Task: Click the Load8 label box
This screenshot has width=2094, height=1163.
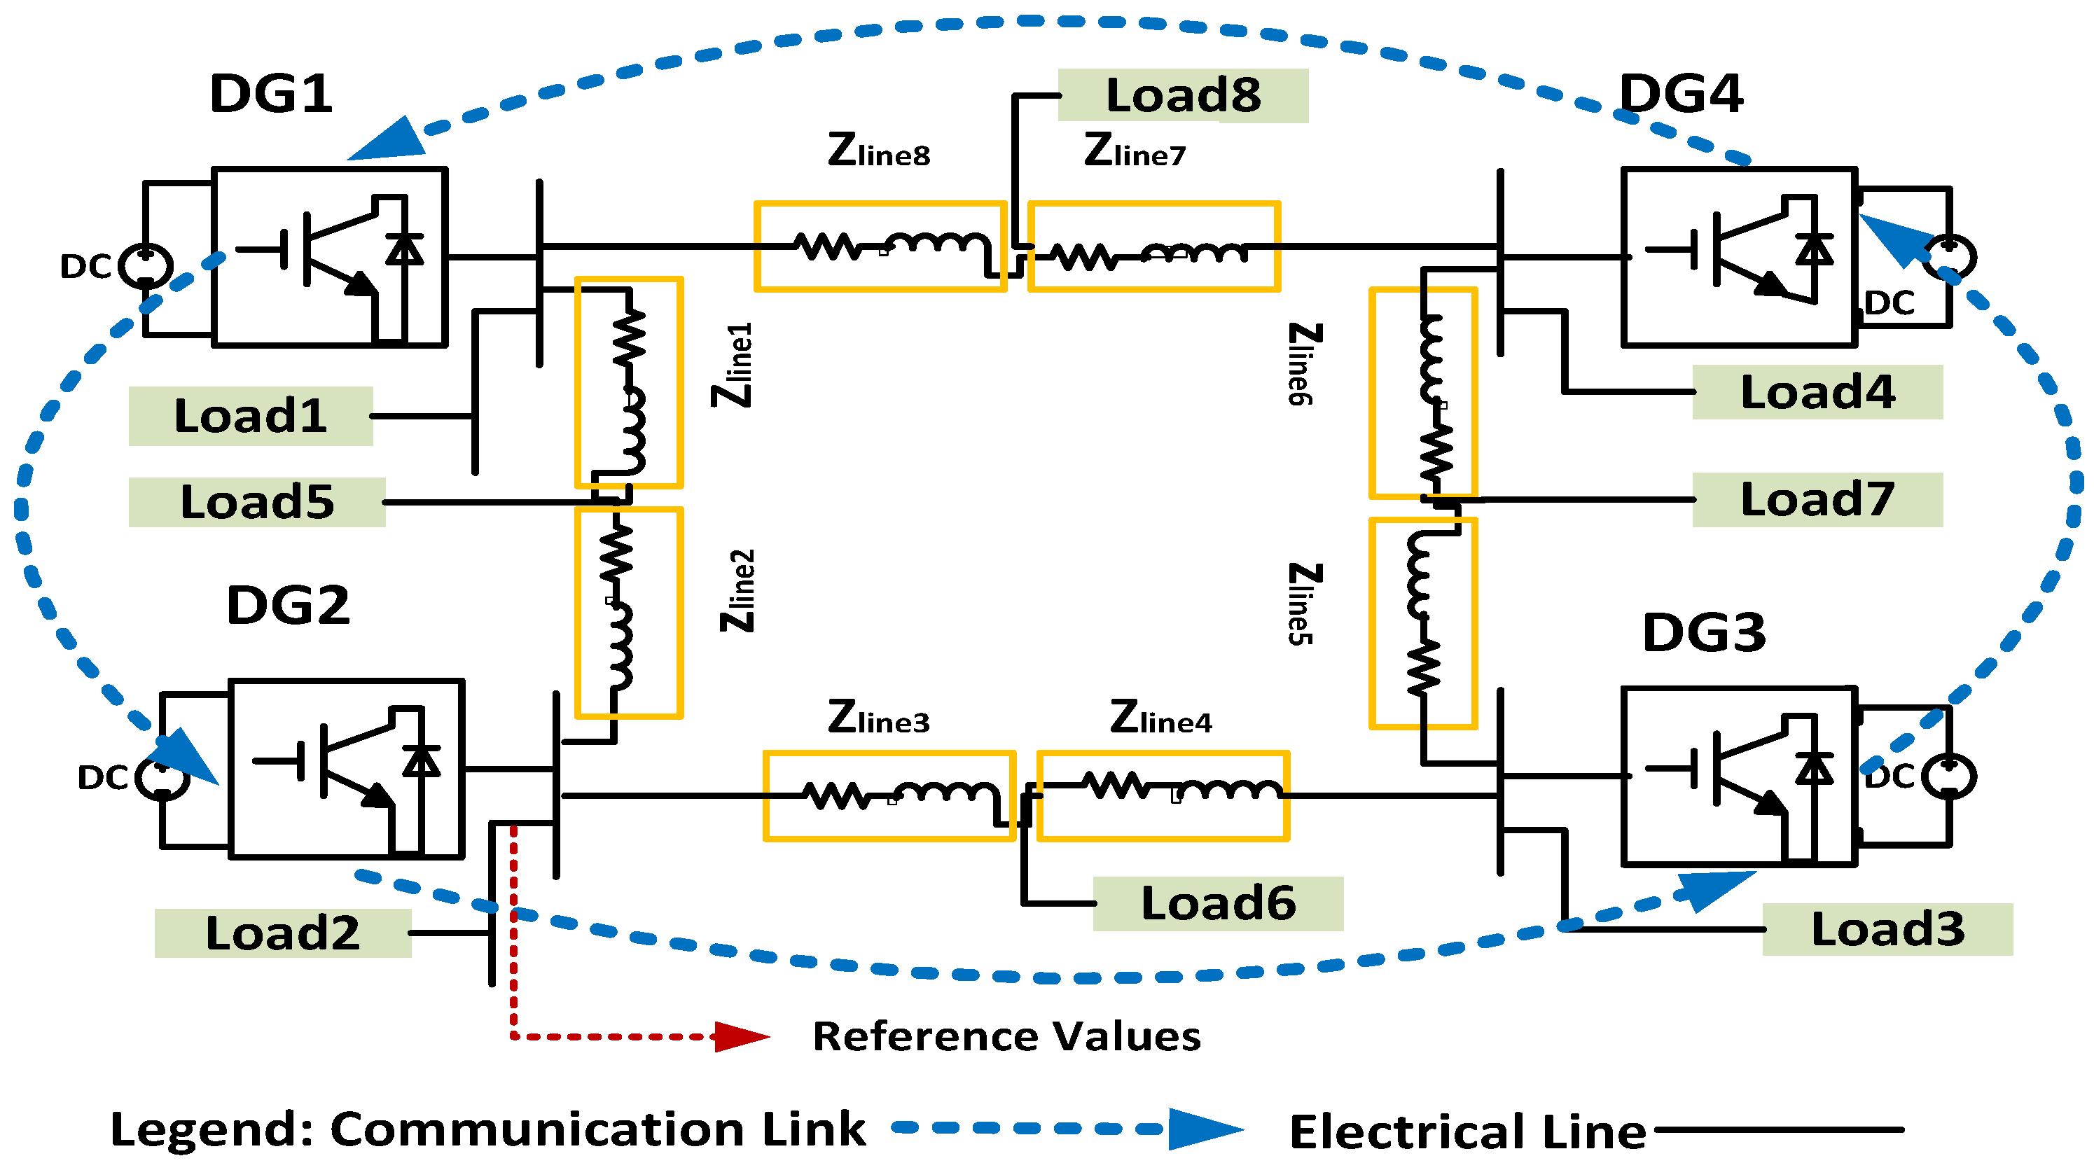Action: [1183, 96]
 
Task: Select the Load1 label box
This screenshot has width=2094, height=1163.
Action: [251, 416]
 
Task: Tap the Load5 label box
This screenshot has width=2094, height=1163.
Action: [257, 502]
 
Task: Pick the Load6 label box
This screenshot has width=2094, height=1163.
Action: [1218, 903]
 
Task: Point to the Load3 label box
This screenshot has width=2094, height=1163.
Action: [1887, 929]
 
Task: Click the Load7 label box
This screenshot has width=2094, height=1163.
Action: [1817, 500]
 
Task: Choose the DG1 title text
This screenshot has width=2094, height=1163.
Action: [271, 93]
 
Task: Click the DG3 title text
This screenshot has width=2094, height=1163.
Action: [1704, 632]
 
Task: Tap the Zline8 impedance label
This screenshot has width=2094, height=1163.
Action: [879, 151]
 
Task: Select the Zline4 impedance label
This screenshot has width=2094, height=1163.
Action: [1161, 718]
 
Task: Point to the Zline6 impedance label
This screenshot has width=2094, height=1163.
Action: [1303, 363]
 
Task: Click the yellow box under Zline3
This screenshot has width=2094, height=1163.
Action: [889, 795]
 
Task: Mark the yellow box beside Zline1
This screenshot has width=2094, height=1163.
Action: [628, 382]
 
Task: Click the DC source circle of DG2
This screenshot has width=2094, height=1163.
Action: [162, 778]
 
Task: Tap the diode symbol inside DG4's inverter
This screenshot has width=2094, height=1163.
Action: [1814, 249]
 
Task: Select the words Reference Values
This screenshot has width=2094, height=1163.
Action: [1006, 1036]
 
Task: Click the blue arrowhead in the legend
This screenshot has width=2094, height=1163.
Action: [1204, 1129]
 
